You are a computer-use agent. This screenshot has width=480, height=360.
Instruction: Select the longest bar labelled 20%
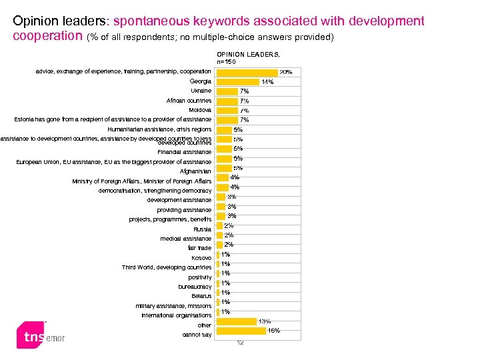(247, 72)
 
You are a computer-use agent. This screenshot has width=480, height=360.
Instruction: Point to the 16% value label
(273, 331)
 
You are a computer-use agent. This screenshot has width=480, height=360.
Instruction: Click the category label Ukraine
(201, 91)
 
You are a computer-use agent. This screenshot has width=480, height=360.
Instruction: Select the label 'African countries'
(189, 101)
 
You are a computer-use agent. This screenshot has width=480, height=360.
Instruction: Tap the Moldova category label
(200, 110)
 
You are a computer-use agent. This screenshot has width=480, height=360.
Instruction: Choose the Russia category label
(202, 229)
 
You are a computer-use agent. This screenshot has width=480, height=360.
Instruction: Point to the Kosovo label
(201, 258)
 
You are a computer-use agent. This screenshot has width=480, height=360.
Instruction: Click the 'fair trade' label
(198, 248)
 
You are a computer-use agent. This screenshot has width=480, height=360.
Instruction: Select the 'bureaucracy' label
(195, 287)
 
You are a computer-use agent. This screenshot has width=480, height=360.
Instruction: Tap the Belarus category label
(201, 296)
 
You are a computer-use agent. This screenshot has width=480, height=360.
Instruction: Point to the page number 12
(240, 343)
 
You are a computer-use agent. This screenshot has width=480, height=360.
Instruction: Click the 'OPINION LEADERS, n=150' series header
(248, 57)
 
